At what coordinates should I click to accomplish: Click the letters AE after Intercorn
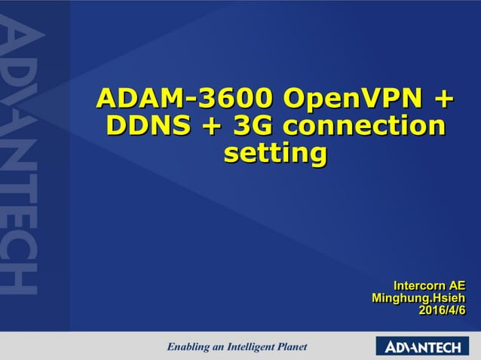point(457,285)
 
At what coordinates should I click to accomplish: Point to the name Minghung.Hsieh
point(418,297)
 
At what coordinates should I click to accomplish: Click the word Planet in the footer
point(294,347)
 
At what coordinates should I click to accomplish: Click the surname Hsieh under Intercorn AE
point(447,297)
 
